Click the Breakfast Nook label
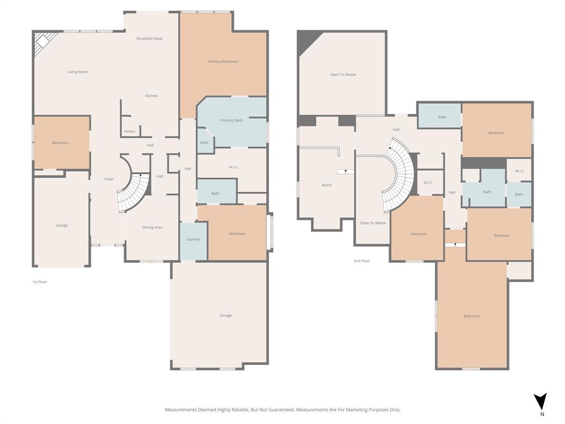tap(150, 39)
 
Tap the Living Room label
tap(78, 72)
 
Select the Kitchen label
tap(151, 96)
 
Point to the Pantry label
tap(130, 131)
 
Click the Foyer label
tap(109, 179)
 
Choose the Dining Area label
tap(152, 227)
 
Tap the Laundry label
tap(193, 239)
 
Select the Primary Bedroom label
tap(223, 62)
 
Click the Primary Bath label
tap(231, 120)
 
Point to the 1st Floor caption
tap(40, 282)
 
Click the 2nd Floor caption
tap(362, 261)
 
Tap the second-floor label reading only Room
tap(327, 185)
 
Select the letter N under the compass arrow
tap(542, 414)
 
